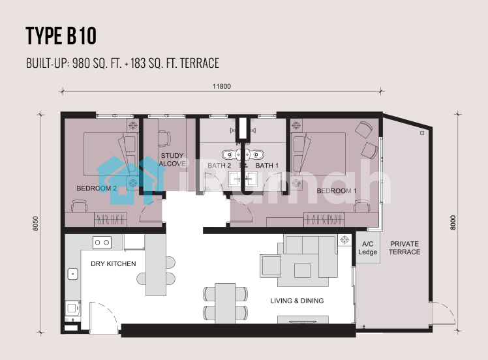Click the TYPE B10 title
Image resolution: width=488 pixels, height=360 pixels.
tap(61, 36)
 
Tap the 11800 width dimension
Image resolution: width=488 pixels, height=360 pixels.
tap(222, 86)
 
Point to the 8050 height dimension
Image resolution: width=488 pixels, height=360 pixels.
tap(35, 224)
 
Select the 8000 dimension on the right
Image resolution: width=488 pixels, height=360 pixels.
tap(453, 222)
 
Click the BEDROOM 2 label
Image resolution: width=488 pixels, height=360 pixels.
tap(97, 188)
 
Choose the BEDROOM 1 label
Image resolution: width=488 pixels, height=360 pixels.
tap(337, 190)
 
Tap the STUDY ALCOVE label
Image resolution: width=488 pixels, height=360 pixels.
tap(172, 159)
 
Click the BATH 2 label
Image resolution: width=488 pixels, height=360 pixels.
tap(219, 166)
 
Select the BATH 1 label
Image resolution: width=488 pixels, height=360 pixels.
tap(267, 166)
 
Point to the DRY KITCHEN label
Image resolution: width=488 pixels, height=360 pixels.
tap(114, 264)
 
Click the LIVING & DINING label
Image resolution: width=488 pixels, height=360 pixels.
tap(297, 301)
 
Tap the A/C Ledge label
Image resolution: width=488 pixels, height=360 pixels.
tap(367, 248)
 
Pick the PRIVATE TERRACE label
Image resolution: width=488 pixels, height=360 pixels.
tap(404, 248)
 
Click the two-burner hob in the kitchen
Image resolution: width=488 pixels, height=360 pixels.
tap(102, 243)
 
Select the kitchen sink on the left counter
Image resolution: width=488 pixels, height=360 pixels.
tap(73, 274)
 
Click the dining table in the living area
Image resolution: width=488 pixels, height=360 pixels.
tap(225, 303)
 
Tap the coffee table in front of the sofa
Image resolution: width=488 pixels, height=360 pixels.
tap(303, 271)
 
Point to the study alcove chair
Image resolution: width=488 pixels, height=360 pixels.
tap(164, 138)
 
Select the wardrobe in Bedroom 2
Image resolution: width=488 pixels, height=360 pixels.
tap(110, 219)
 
